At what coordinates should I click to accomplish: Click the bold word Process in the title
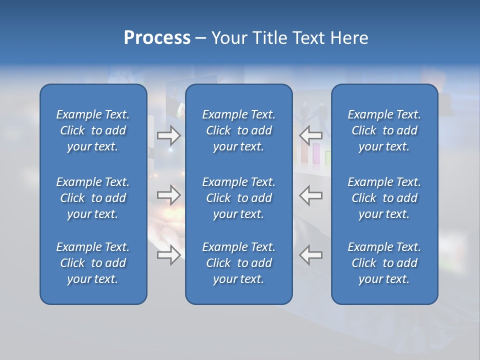(x=157, y=38)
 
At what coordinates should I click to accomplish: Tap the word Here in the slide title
(x=349, y=38)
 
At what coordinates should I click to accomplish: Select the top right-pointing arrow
(x=168, y=134)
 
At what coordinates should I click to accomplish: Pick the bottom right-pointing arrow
(x=168, y=255)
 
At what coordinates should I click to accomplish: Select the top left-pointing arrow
(x=311, y=134)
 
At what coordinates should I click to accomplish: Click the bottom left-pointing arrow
(x=311, y=255)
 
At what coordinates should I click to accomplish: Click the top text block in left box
(x=93, y=130)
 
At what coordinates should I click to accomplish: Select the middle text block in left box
(x=93, y=198)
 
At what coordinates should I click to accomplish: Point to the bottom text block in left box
(x=93, y=263)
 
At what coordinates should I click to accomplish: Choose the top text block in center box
(x=238, y=130)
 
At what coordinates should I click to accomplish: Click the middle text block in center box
(x=238, y=198)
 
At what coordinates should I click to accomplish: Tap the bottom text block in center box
(x=238, y=263)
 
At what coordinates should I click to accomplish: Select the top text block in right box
(x=384, y=130)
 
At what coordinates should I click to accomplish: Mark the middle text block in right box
(x=384, y=198)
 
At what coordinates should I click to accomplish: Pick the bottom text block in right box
(x=384, y=263)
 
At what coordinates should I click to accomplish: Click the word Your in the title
(x=227, y=38)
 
